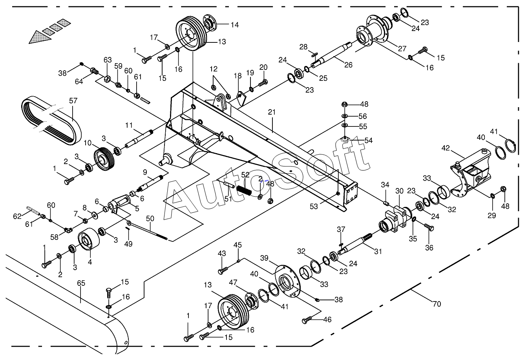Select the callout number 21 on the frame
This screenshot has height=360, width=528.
[x=272, y=112]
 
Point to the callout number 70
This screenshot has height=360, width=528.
[x=437, y=304]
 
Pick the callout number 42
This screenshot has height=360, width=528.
[x=446, y=148]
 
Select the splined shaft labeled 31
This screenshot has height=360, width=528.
[x=355, y=246]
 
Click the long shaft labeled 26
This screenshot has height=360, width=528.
[x=331, y=55]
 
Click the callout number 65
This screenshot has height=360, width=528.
[x=81, y=283]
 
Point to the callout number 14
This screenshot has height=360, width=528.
[x=234, y=25]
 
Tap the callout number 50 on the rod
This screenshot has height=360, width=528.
[x=150, y=219]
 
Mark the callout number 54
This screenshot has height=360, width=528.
[x=368, y=141]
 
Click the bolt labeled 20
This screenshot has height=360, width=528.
[x=263, y=83]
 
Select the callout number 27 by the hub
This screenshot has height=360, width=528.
[x=402, y=48]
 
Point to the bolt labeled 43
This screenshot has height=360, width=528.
[x=223, y=270]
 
